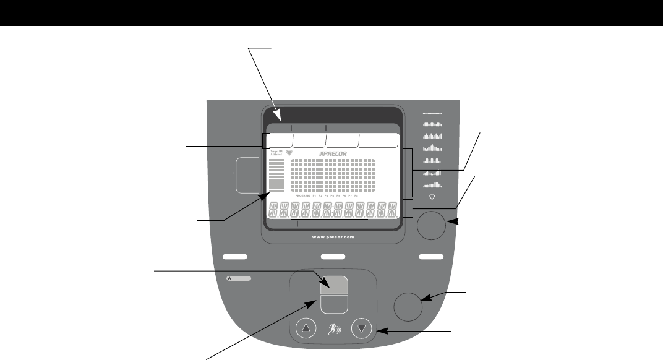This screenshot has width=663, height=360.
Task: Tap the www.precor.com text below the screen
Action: pyautogui.click(x=332, y=236)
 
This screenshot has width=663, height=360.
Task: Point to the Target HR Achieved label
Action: pyautogui.click(x=275, y=152)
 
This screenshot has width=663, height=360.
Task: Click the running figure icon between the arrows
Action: pyautogui.click(x=333, y=328)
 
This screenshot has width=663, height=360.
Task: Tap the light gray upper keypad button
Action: pyautogui.click(x=333, y=283)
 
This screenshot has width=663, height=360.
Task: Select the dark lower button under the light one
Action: pyautogui.click(x=333, y=303)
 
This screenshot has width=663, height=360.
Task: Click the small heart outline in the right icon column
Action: pyautogui.click(x=432, y=197)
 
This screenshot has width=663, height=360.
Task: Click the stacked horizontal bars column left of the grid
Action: pyautogui.click(x=276, y=176)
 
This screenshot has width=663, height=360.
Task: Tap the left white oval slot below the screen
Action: pyautogui.click(x=234, y=255)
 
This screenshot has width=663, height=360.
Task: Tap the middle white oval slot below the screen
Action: pyautogui.click(x=333, y=255)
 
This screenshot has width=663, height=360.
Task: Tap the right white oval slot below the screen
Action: pyautogui.click(x=430, y=255)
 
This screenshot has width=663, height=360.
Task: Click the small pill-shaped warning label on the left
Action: pyautogui.click(x=240, y=279)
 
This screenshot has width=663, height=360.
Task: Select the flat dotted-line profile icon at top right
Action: pyautogui.click(x=432, y=114)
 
